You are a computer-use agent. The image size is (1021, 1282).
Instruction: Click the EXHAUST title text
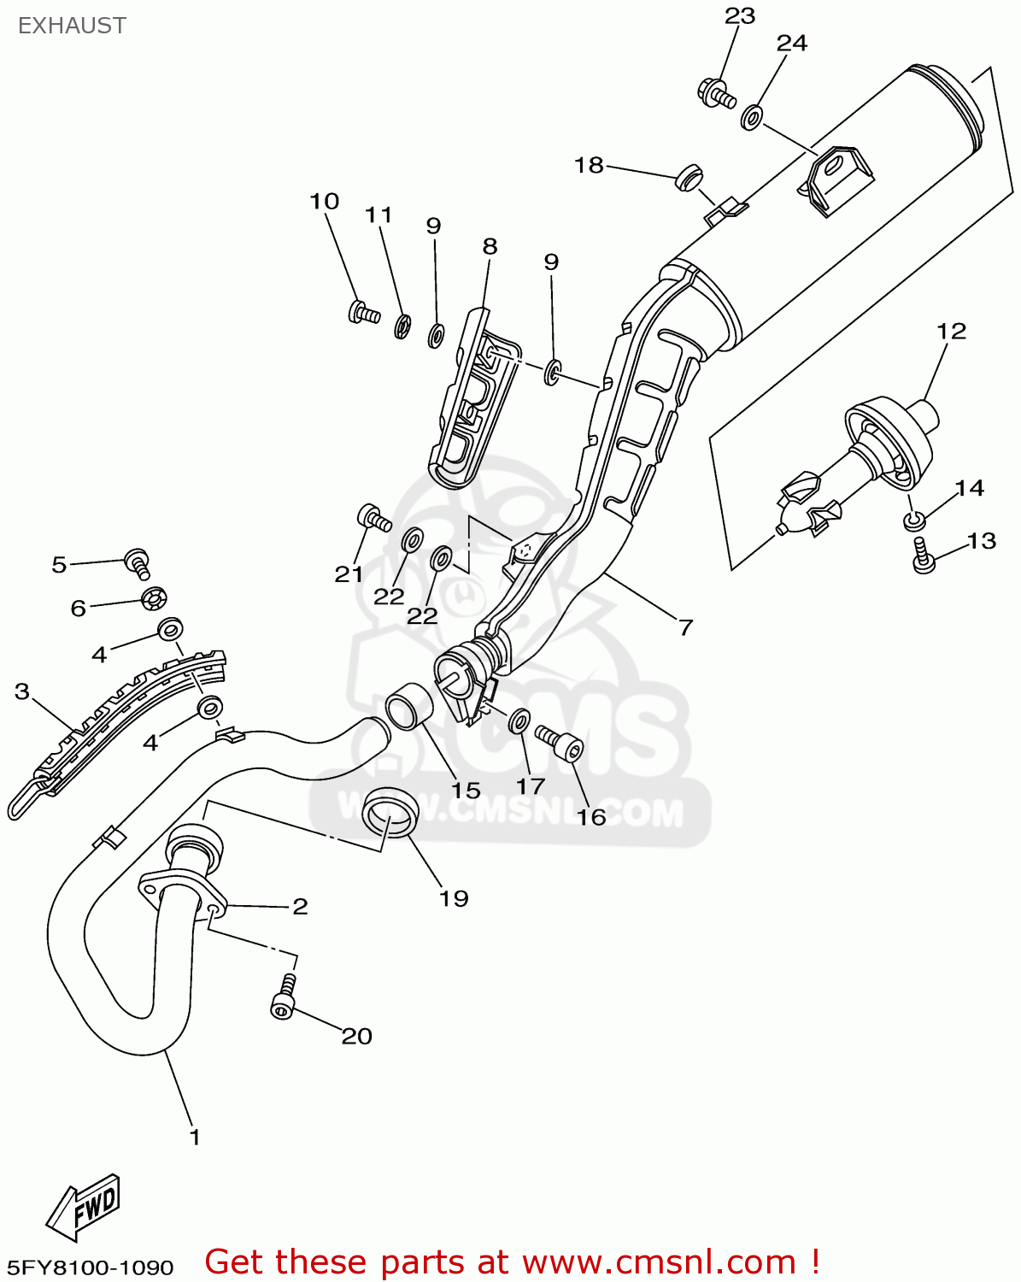point(72,26)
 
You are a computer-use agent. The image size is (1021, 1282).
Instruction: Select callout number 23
point(740,16)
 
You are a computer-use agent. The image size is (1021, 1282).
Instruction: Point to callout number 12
point(951,331)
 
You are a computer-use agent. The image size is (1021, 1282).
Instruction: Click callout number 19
point(454,898)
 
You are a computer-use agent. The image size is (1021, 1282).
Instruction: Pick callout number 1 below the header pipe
point(195,1137)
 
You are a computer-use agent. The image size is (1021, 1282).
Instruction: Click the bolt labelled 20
point(285,1000)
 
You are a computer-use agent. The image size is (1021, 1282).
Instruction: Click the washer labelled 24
point(752,117)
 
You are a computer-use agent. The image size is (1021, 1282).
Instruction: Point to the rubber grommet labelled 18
point(688,178)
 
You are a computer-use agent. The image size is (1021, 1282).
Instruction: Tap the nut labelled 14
point(913,520)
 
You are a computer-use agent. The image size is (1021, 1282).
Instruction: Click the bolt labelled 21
point(373,517)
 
